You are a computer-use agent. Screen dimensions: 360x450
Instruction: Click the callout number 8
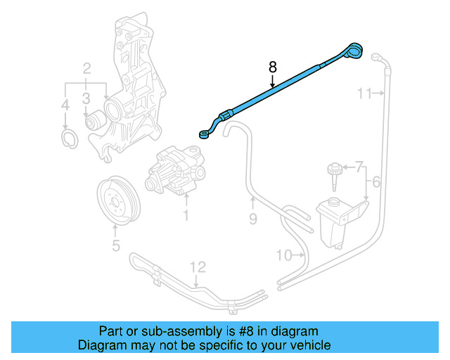coord(273,67)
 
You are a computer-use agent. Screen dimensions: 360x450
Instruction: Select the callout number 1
coord(186,215)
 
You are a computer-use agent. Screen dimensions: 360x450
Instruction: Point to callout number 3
coord(65,106)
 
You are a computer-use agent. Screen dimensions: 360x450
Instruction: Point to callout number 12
coord(198,266)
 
